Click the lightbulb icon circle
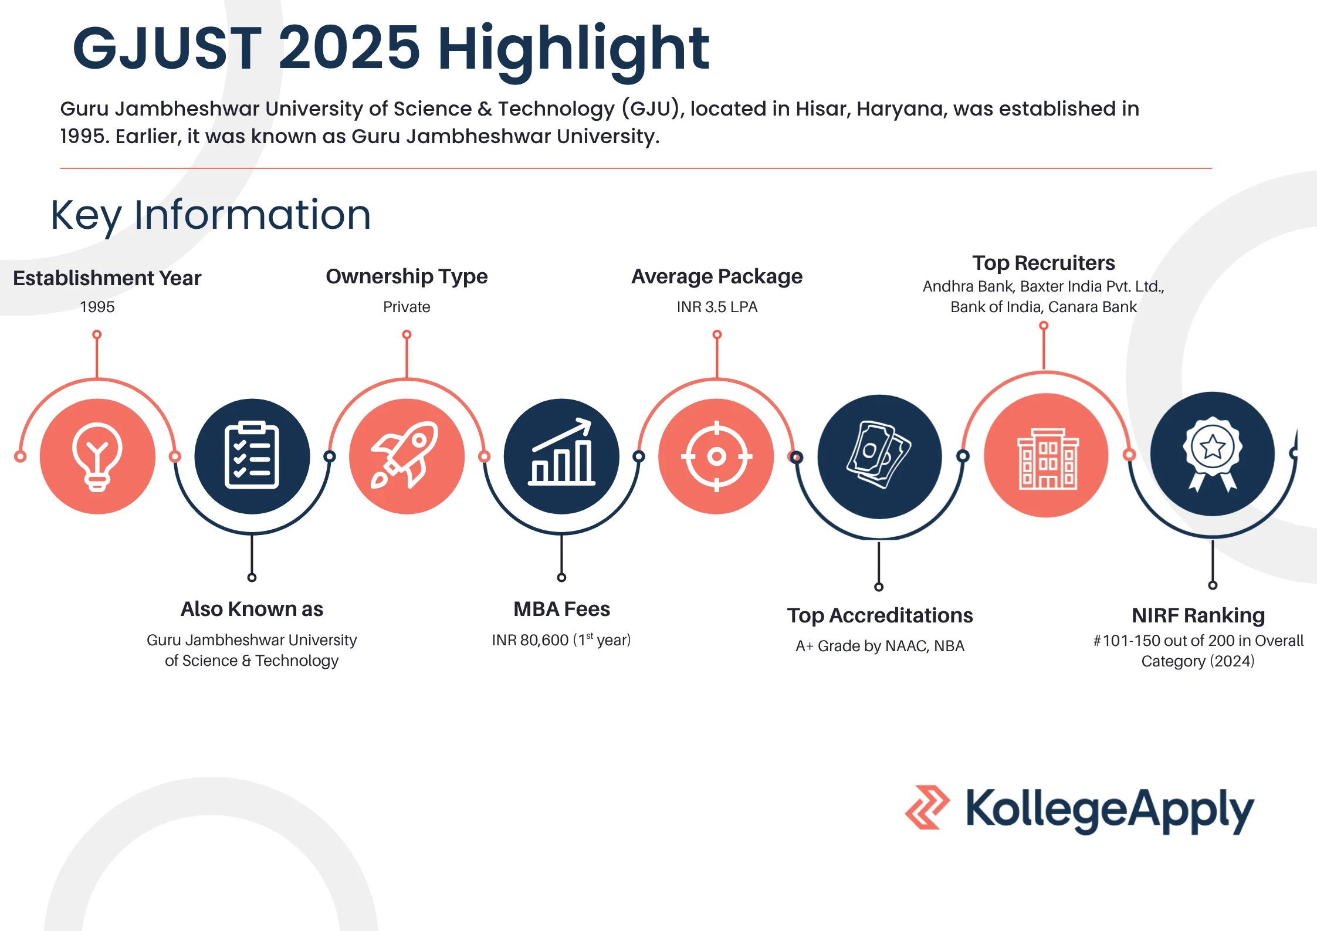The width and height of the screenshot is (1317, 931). (x=97, y=456)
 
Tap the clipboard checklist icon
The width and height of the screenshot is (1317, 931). (x=252, y=455)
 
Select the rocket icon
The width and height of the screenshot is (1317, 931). (x=405, y=455)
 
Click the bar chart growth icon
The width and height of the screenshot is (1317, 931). (x=561, y=452)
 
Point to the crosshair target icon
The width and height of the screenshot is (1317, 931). (x=716, y=456)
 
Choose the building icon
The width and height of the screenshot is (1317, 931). (x=1048, y=459)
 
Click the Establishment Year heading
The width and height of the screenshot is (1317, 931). (x=107, y=278)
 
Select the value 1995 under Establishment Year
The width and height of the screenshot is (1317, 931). (x=97, y=307)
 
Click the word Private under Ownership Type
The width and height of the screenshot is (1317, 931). (x=407, y=307)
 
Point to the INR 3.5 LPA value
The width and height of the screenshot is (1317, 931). (x=717, y=307)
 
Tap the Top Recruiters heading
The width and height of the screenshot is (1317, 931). (x=1044, y=263)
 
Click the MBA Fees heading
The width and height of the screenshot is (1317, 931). (x=561, y=609)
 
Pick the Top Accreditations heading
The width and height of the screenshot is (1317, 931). (x=880, y=615)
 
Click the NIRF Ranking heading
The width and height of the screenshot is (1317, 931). (x=1198, y=615)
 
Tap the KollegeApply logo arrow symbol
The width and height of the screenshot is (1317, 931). (x=927, y=807)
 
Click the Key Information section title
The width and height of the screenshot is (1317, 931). (x=211, y=215)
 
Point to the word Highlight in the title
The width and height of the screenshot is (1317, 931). (x=573, y=49)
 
